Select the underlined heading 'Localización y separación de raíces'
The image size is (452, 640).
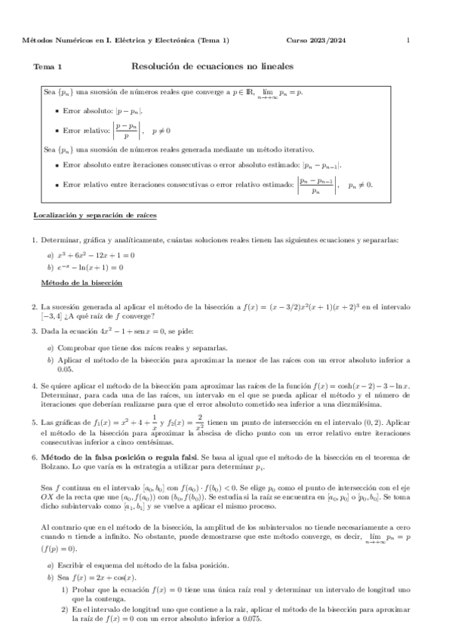pos(95,216)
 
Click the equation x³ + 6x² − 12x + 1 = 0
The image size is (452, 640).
pos(95,255)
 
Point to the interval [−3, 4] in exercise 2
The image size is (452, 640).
pos(54,316)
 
